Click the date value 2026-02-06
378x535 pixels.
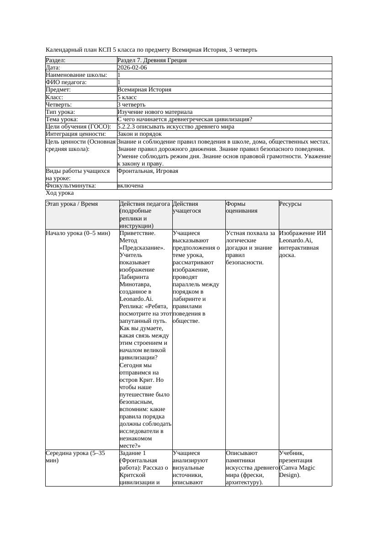pos(132,68)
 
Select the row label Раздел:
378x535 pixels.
pos(56,60)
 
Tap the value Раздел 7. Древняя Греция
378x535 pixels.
pos(152,60)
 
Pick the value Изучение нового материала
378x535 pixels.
pos(155,112)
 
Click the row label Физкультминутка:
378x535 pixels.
pos(71,186)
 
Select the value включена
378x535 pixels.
pos(130,186)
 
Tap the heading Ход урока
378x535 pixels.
pos(60,193)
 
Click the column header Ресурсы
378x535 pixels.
pos(290,204)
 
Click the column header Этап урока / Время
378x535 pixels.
pos(72,204)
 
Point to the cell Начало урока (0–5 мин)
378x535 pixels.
pos(78,233)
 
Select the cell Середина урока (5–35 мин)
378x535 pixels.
pos(75,457)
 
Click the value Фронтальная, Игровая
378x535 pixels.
pos(148,171)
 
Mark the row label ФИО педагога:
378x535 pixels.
pos(66,82)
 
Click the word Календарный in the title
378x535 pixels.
pos(63,49)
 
